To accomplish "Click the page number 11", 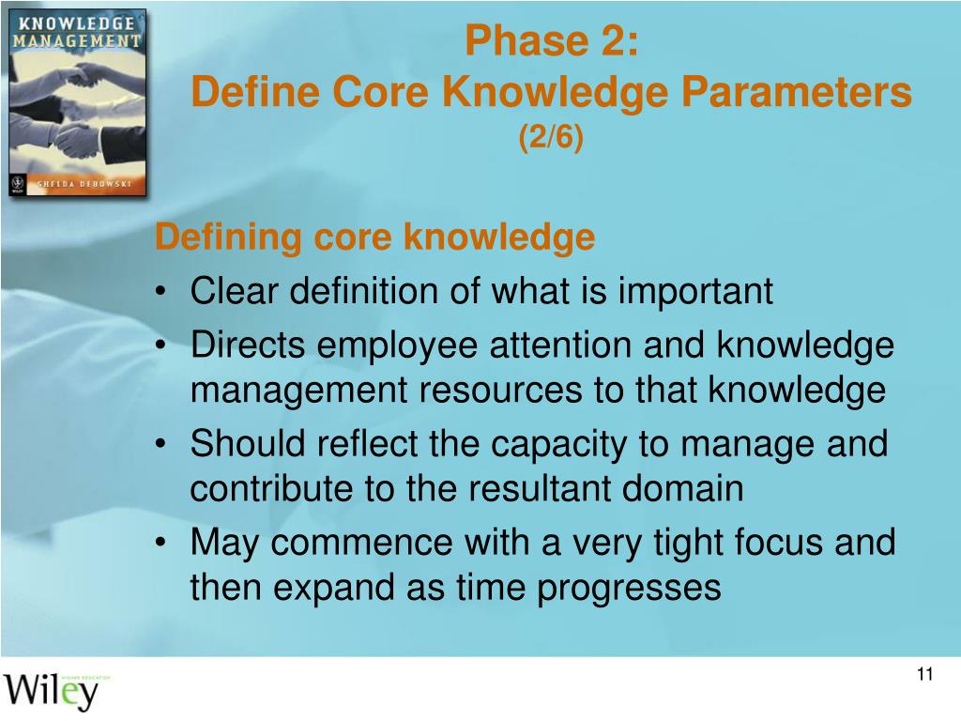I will pyautogui.click(x=925, y=676).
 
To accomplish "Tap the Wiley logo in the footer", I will pyautogui.click(x=54, y=690).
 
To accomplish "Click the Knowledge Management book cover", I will pyautogui.click(x=78, y=102).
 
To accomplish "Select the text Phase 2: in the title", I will pyautogui.click(x=551, y=42).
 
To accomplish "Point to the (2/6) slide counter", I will pyautogui.click(x=551, y=138).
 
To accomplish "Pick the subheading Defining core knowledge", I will pyautogui.click(x=374, y=238).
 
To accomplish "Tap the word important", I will pyautogui.click(x=695, y=291).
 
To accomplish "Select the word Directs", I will pyautogui.click(x=249, y=345).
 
